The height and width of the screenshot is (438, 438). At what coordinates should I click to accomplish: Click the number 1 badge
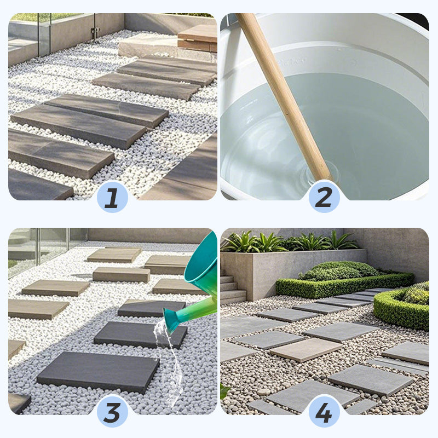(112, 198)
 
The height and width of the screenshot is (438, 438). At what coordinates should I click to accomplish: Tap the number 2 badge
(324, 198)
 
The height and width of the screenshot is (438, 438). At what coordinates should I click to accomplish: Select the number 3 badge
(112, 412)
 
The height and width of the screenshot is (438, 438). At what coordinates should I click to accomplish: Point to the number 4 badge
(324, 412)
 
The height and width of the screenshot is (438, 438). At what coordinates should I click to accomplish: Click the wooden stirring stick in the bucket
(282, 93)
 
